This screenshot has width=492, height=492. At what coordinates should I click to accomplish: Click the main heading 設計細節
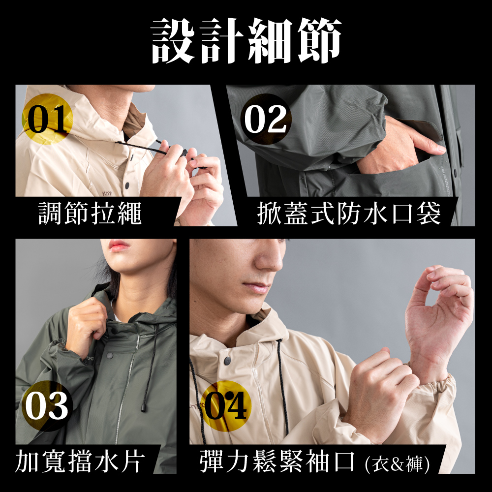coord(246,41)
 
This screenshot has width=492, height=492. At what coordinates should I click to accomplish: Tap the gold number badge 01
coord(47,119)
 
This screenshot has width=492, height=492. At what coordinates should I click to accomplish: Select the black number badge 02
coord(266,119)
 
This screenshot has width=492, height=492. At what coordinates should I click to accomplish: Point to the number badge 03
coord(47,406)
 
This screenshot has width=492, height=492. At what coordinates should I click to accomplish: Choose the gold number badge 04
coord(226,406)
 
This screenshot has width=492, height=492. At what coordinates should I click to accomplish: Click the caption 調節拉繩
coord(90,214)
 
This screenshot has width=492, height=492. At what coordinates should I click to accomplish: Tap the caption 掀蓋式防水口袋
coord(349,214)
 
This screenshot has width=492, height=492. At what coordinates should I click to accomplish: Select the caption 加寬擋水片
coord(80,461)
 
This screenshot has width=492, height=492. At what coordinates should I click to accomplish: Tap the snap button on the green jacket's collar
coord(110,356)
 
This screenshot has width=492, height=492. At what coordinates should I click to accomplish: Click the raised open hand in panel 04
coord(439,317)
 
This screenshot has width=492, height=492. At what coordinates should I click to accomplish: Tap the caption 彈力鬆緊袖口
coord(277,461)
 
